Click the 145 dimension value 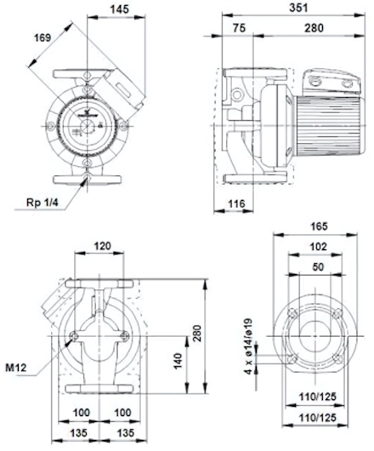[x=120, y=9]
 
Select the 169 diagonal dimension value [x=42, y=37]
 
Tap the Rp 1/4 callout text [x=42, y=203]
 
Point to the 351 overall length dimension [x=298, y=8]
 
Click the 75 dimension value [x=239, y=28]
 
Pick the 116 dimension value [x=236, y=203]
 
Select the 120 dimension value [x=102, y=246]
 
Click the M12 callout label [x=16, y=368]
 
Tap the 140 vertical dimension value [x=178, y=361]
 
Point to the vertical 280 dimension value [x=197, y=334]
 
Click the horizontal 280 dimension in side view [x=314, y=28]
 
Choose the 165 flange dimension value [x=319, y=226]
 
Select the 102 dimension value [x=318, y=247]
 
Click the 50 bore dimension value [x=318, y=267]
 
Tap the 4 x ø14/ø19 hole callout [x=248, y=346]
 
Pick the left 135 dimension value [x=79, y=433]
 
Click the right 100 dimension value [x=122, y=413]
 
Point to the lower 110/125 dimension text [x=317, y=417]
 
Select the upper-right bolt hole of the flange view [x=337, y=313]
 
